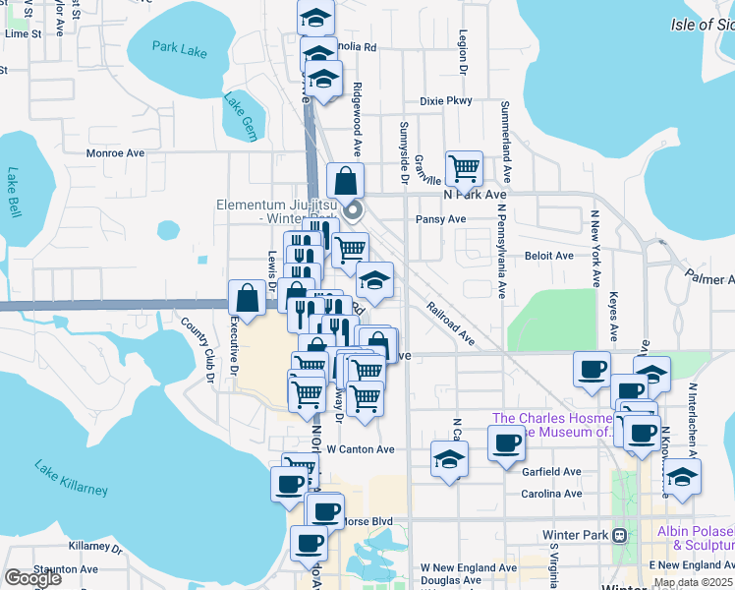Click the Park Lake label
pos(180,49)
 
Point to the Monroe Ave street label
pos(115,153)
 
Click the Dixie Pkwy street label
pos(445,100)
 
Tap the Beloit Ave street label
pos(548,256)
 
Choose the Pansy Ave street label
pos(440,219)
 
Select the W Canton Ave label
pos(360,449)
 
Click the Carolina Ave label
pos(550,494)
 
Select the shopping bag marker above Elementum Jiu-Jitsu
pos(345,180)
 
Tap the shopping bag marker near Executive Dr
pos(247,297)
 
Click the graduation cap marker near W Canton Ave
pos(449,458)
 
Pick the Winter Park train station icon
pos(619,536)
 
